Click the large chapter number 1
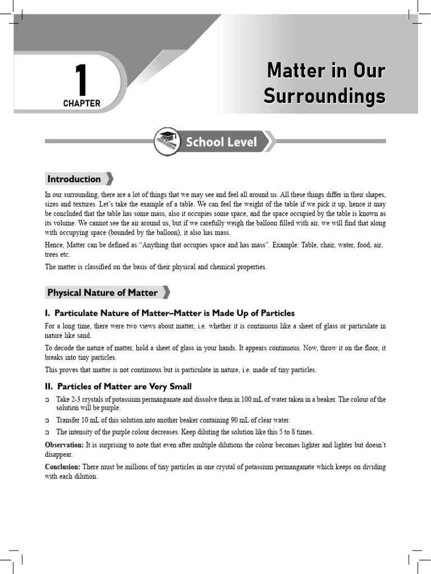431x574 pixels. coord(81,80)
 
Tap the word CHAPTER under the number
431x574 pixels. coord(82,104)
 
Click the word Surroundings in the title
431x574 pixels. coord(324,96)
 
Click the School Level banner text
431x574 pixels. coord(221,142)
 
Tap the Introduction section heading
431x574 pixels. coord(74,179)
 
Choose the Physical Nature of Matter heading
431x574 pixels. coord(102,293)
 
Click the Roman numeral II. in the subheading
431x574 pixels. coord(49,387)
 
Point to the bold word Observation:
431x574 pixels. coord(64,445)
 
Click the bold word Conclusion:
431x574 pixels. coord(63,467)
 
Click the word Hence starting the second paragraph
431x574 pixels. coord(54,246)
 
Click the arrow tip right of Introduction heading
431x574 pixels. coord(109,179)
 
